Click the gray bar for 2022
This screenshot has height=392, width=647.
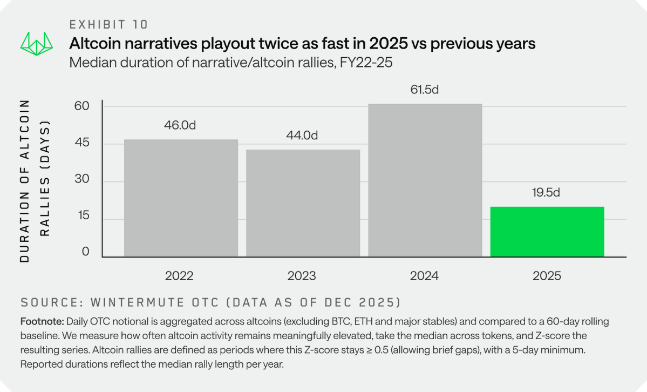[181, 198]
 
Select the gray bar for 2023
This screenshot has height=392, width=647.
[303, 203]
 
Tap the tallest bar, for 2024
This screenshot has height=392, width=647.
[425, 180]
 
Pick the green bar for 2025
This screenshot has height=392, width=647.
[547, 232]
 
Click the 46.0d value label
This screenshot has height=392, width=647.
[180, 125]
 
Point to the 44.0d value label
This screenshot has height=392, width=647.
[302, 136]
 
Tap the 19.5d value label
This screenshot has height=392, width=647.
[547, 193]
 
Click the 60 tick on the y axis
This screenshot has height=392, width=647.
[81, 105]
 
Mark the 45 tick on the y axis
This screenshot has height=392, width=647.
[81, 144]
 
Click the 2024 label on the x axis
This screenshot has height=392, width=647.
[424, 276]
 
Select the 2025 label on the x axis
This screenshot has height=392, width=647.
[547, 276]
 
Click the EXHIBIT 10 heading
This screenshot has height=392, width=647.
[108, 24]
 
